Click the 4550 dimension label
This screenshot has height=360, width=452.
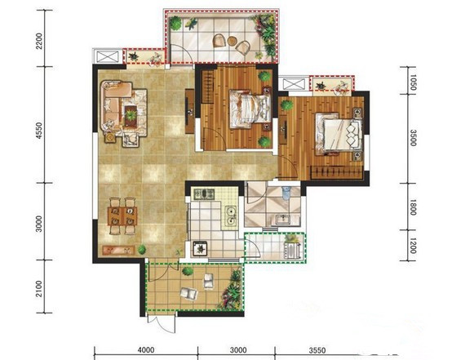pyautogui.click(x=38, y=131)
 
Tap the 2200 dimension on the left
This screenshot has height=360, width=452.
pyautogui.click(x=38, y=42)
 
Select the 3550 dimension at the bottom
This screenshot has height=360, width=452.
pyautogui.click(x=317, y=350)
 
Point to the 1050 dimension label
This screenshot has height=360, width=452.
pyautogui.click(x=413, y=82)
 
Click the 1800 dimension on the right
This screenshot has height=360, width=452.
pyautogui.click(x=413, y=207)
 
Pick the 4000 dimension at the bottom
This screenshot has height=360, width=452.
pyautogui.click(x=146, y=350)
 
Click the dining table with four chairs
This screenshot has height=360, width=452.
pyautogui.click(x=122, y=216)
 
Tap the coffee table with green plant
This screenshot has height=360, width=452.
pyautogui.click(x=131, y=116)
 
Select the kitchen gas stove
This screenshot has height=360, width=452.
pyautogui.click(x=204, y=193)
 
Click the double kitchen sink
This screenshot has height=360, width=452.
pyautogui.click(x=231, y=216)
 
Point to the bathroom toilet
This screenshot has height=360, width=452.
pyautogui.click(x=286, y=193)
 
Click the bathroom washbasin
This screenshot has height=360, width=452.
pyautogui.click(x=284, y=219)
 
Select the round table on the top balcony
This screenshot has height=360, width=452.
pyautogui.click(x=232, y=41)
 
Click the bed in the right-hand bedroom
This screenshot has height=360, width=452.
pyautogui.click(x=339, y=135)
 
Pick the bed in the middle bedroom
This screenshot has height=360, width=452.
pyautogui.click(x=250, y=109)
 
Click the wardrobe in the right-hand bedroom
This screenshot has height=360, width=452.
pyautogui.click(x=336, y=172)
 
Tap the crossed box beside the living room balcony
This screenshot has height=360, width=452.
pyautogui.click(x=108, y=56)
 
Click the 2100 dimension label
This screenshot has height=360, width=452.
pyautogui.click(x=38, y=289)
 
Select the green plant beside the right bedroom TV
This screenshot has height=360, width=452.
pyautogui.click(x=287, y=105)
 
